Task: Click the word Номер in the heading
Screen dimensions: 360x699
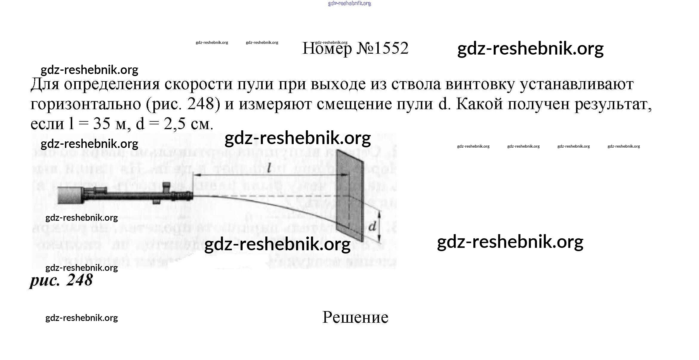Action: pos(327,49)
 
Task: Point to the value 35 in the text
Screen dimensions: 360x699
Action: pos(101,124)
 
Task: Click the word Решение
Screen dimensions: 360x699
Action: pos(355,317)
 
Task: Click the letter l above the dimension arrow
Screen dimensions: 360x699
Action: pos(269,168)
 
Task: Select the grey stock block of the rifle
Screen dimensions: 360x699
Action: pos(69,195)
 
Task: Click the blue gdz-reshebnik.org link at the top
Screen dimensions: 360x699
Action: pos(349,4)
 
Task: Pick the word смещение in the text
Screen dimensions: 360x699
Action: pos(354,104)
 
